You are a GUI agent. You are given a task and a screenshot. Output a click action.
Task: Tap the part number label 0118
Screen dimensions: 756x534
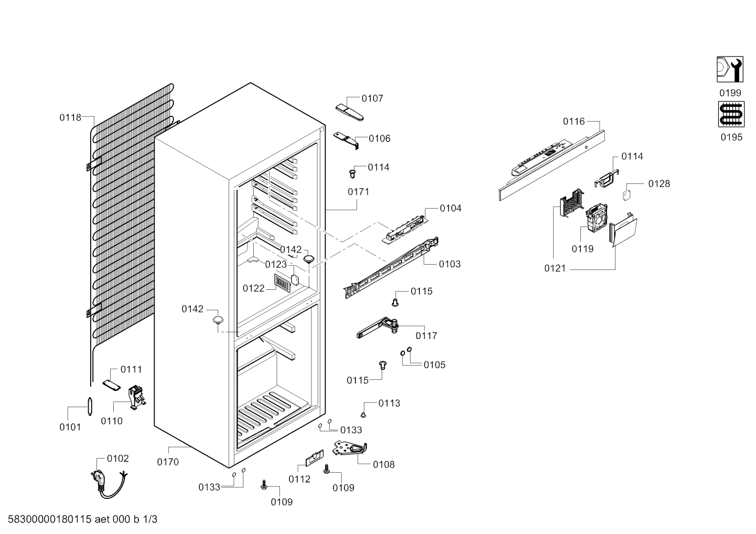70,117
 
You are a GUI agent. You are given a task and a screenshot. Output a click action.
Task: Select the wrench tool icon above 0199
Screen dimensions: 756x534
730,69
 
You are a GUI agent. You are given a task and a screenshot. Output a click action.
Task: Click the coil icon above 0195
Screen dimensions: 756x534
731,115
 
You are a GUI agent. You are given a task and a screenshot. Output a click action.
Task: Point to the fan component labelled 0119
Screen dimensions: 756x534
597,219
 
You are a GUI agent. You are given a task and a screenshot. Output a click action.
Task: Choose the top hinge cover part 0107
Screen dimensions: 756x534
350,112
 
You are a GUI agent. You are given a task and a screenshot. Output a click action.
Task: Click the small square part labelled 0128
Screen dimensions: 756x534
627,195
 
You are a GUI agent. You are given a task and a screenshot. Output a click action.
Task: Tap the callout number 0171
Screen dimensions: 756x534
359,192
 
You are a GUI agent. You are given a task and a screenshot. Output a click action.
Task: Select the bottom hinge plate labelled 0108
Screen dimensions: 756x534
350,449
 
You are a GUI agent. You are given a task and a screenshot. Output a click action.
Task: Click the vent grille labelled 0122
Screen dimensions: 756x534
282,282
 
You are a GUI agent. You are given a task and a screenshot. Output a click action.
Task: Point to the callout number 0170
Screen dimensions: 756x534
168,462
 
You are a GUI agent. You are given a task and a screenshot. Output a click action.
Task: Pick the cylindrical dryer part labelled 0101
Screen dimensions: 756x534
90,407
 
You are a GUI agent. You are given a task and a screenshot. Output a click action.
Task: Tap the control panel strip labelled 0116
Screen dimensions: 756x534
552,165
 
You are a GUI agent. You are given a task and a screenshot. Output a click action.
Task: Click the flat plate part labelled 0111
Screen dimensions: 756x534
111,385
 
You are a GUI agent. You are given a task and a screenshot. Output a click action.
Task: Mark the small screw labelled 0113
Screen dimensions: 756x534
363,415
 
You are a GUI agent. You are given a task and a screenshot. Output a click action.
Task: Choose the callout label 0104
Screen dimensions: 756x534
450,208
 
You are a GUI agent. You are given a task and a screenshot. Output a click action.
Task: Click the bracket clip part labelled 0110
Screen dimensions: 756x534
137,397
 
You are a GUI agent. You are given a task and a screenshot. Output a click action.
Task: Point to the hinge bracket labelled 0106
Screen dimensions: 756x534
346,139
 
